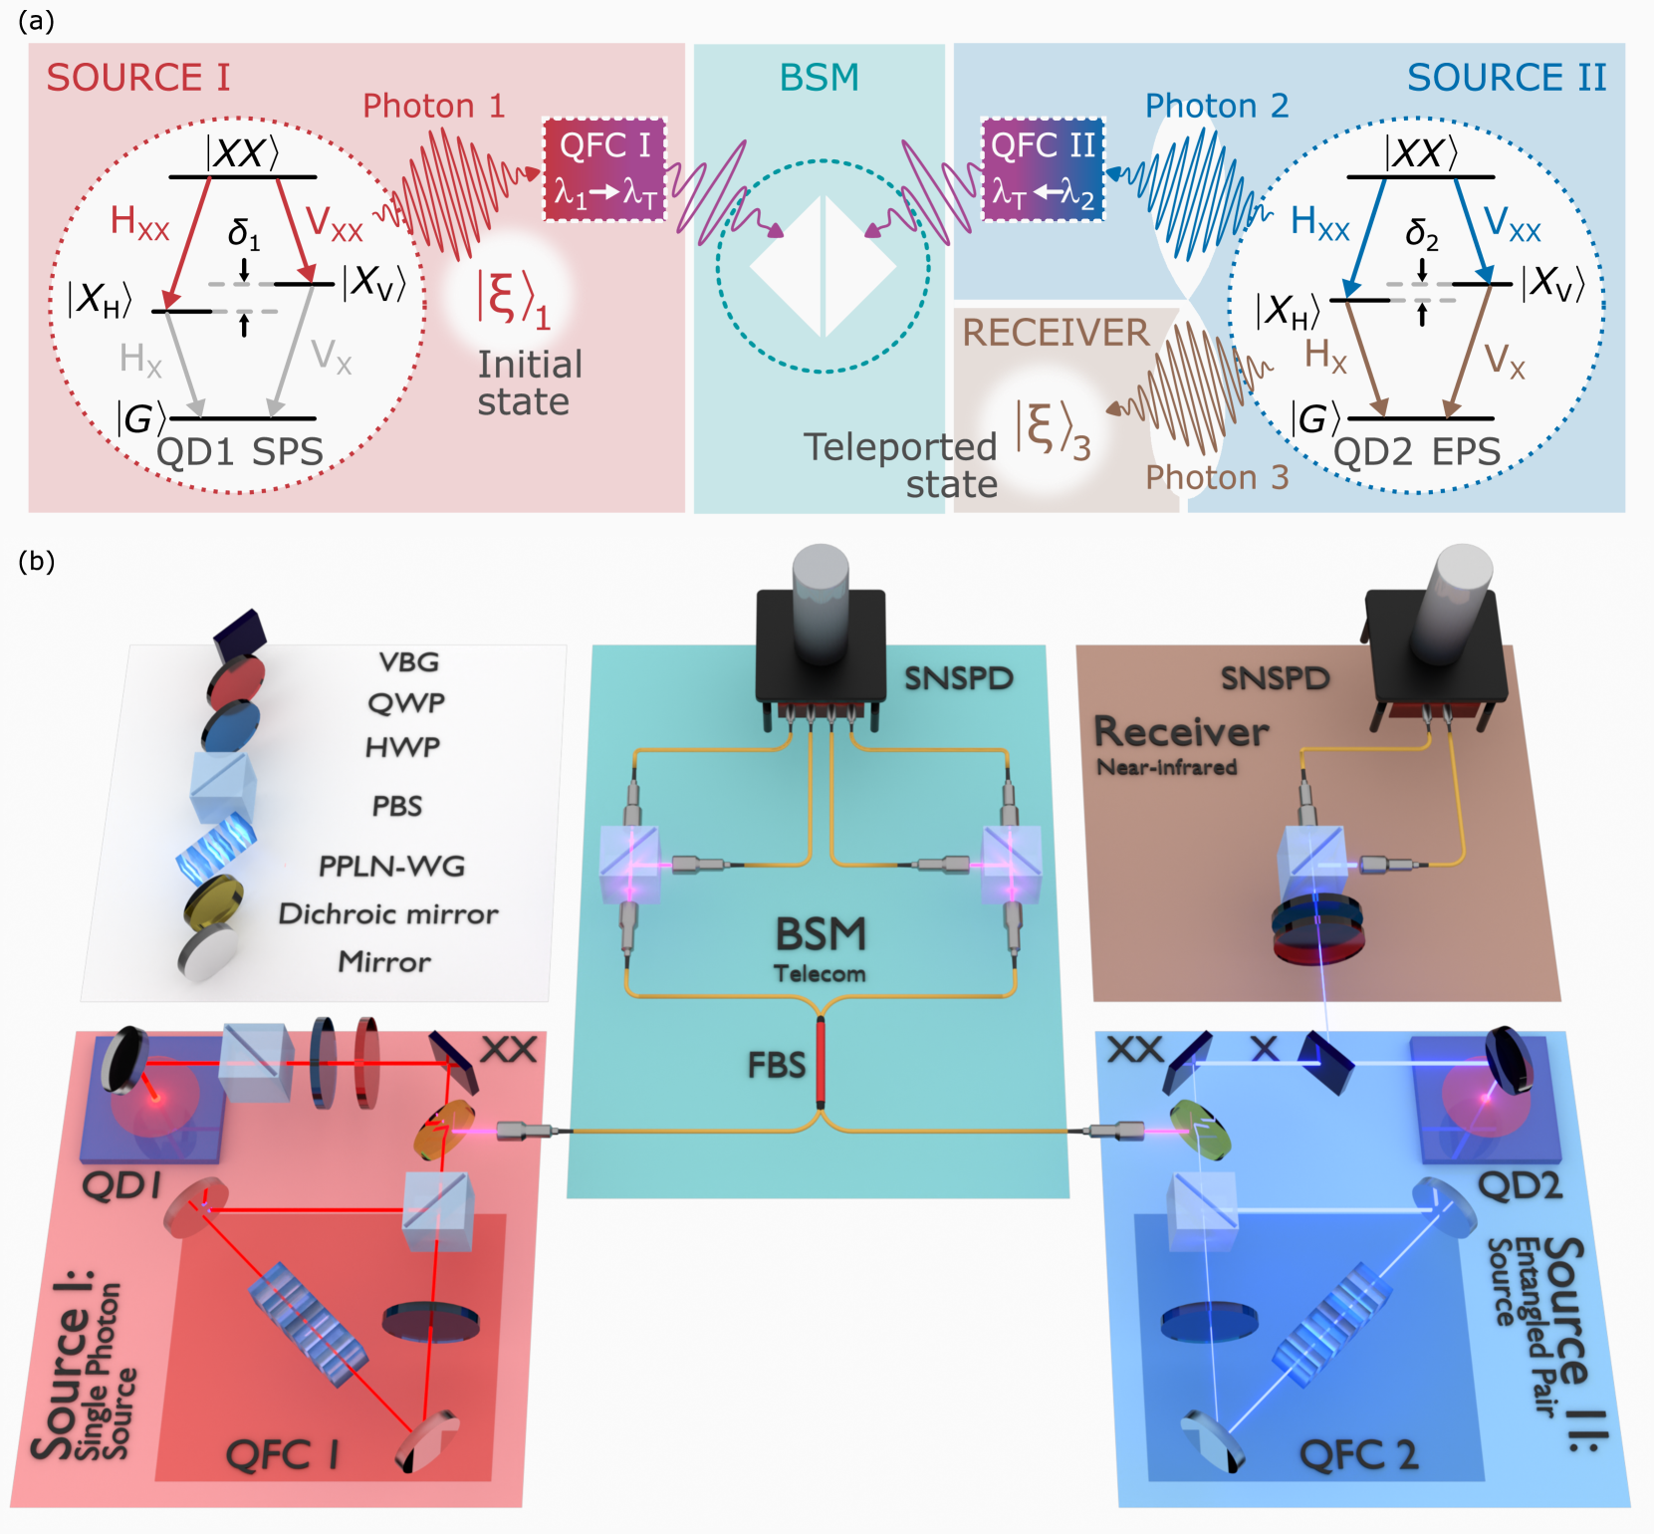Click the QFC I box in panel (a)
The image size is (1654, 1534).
click(604, 168)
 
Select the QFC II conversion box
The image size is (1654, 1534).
click(1043, 168)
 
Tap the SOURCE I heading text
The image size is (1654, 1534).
click(138, 78)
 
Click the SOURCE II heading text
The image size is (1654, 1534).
click(1506, 78)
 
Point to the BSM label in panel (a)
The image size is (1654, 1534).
click(819, 78)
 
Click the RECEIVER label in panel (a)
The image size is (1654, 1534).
click(1056, 333)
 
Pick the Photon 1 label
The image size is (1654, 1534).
click(433, 106)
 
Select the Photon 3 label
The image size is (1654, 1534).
click(1216, 477)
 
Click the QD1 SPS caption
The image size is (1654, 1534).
click(240, 452)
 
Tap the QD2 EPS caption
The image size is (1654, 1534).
click(1416, 452)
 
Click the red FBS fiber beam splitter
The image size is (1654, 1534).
click(821, 1062)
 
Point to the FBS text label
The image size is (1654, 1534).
click(776, 1065)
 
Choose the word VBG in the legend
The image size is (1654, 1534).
click(408, 662)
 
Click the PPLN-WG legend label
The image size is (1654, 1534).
click(391, 866)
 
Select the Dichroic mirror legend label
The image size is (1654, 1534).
click(388, 913)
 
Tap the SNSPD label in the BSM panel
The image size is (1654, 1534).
click(958, 678)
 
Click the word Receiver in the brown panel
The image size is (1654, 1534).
click(1181, 732)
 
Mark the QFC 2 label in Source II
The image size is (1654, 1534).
click(1358, 1455)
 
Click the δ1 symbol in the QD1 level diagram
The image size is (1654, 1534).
click(244, 233)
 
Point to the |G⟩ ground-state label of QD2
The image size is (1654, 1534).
click(1314, 419)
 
